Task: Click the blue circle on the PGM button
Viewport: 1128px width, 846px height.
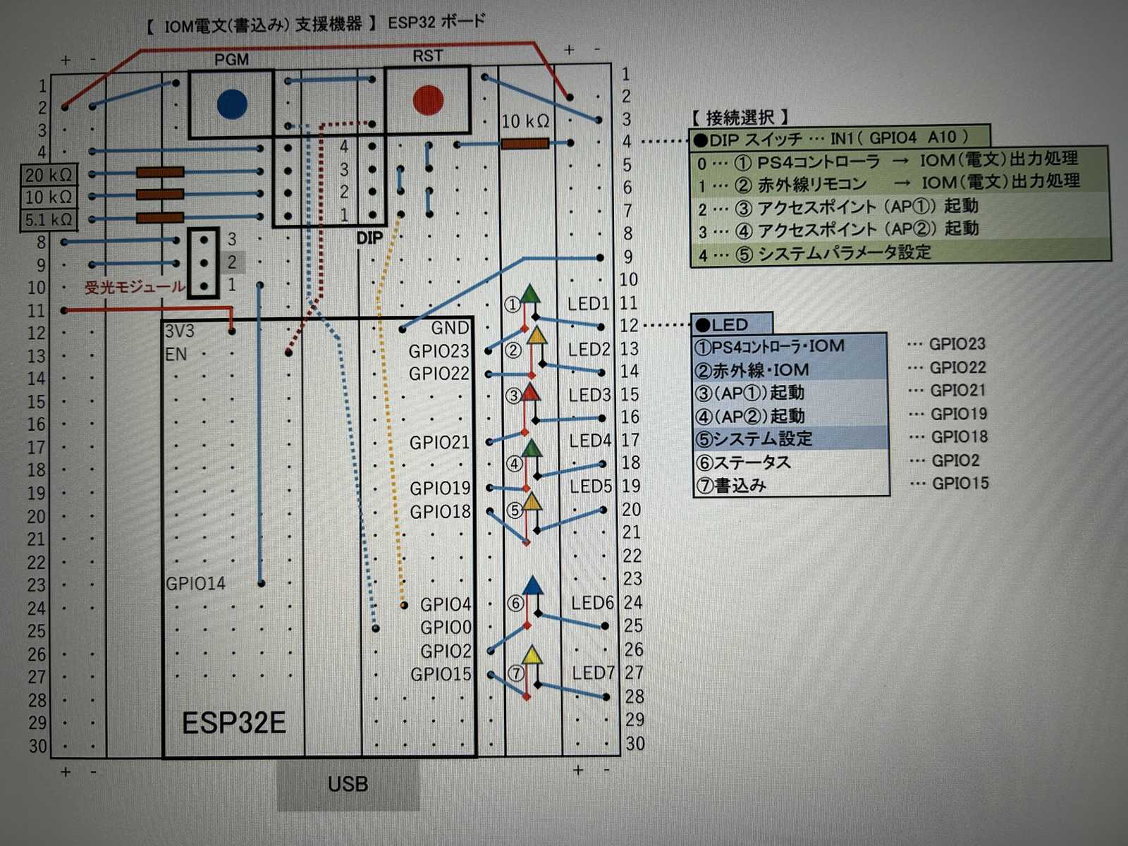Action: [x=232, y=104]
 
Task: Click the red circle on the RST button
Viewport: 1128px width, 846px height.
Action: [x=428, y=100]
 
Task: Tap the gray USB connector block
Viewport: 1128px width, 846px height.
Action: [x=348, y=784]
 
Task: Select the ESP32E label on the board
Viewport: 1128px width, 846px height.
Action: [x=234, y=723]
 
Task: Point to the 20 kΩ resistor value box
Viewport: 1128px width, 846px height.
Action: [x=48, y=175]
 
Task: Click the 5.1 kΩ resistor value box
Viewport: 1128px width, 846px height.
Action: [x=48, y=220]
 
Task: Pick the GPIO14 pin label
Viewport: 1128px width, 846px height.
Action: [x=195, y=583]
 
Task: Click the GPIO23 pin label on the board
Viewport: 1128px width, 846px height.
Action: [x=439, y=350]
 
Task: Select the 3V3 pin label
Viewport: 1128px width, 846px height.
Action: [x=179, y=331]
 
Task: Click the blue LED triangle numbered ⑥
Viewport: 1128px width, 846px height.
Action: [x=533, y=585]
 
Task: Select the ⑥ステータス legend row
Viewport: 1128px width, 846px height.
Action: [x=743, y=462]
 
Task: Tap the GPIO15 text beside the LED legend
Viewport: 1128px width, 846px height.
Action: [x=960, y=484]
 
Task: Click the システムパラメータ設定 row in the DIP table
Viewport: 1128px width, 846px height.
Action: [x=845, y=253]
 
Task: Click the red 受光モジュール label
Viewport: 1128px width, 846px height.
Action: [x=134, y=287]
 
